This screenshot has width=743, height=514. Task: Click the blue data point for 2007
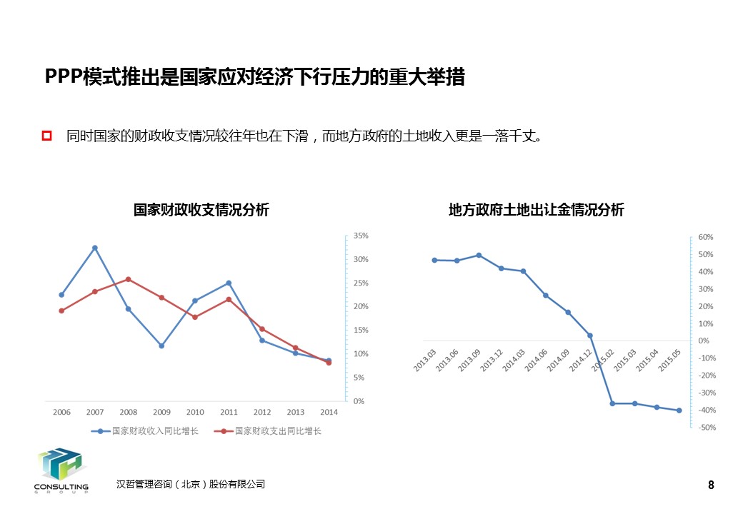click(x=95, y=248)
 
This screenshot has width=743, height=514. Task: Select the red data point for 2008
click(x=128, y=279)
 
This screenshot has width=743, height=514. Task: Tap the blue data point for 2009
click(x=161, y=346)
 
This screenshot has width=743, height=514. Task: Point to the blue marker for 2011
click(x=229, y=283)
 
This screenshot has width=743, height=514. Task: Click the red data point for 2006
click(x=61, y=311)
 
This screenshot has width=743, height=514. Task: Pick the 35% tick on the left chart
click(x=361, y=236)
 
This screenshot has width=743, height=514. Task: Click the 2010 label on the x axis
click(x=195, y=412)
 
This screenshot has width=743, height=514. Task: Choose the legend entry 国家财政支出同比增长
click(x=271, y=431)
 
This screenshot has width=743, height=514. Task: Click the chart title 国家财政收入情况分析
click(x=201, y=210)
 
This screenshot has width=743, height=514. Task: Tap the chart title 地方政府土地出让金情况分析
click(x=536, y=210)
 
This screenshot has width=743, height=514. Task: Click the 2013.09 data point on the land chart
click(x=479, y=255)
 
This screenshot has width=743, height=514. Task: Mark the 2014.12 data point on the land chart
click(x=590, y=335)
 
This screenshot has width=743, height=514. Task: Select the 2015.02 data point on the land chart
click(x=612, y=403)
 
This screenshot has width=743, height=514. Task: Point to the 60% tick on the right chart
click(x=705, y=237)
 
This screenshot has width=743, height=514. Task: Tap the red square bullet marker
click(x=48, y=136)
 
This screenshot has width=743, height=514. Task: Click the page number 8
click(x=711, y=485)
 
